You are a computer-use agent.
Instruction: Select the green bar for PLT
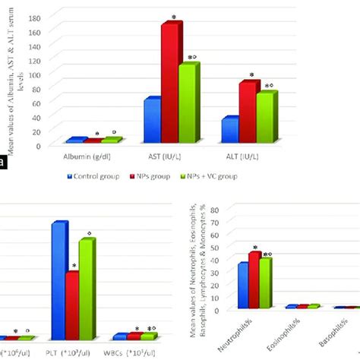click(88, 289)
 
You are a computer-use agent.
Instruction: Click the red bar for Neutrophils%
click(254, 281)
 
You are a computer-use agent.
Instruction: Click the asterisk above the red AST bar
click(174, 17)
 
